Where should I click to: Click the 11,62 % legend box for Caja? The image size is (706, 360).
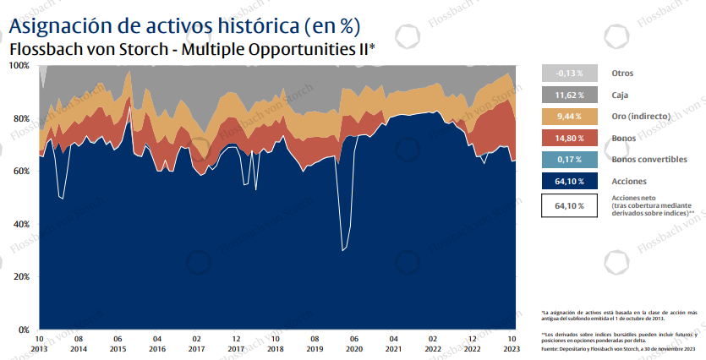[569, 95]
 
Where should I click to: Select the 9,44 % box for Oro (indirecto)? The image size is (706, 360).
[569, 117]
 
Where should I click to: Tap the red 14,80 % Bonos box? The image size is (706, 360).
[569, 138]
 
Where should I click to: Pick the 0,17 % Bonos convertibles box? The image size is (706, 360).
[569, 159]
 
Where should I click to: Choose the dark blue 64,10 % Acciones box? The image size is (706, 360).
[569, 181]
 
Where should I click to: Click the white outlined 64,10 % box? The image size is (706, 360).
[569, 205]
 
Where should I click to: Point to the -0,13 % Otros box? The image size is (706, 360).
[569, 74]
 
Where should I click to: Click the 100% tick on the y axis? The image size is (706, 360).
[19, 66]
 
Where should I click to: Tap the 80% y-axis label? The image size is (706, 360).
[20, 119]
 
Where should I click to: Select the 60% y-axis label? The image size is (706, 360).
[20, 172]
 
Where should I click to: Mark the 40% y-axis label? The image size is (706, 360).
[20, 224]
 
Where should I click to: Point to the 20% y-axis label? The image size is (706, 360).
[20, 276]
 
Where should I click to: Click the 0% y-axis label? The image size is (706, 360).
[23, 330]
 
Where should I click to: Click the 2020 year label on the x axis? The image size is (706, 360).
[354, 348]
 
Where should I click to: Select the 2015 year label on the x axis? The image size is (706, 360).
[118, 348]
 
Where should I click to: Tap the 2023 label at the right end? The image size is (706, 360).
[512, 348]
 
